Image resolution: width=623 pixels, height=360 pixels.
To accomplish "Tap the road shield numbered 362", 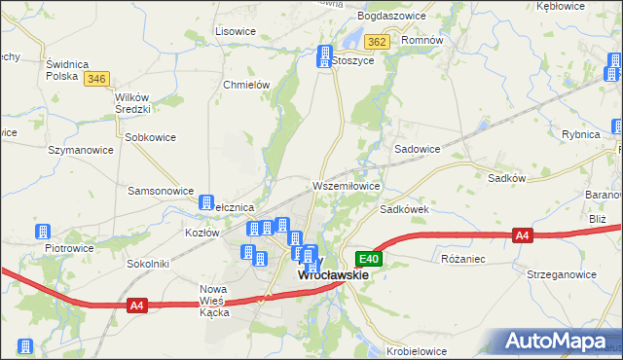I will point(378,42).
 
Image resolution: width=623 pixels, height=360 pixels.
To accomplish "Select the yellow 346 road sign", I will point(95,79).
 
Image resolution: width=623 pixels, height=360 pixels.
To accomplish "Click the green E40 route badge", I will point(368,259).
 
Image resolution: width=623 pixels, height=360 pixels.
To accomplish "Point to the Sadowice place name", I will point(417,149).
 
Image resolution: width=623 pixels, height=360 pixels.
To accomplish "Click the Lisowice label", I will point(235,31).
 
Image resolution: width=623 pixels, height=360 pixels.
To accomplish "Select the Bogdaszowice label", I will point(391,18).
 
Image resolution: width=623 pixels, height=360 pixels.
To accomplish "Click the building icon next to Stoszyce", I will point(323,58).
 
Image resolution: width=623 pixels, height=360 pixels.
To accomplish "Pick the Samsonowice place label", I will point(161,191).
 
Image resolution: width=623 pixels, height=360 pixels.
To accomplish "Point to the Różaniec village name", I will point(462,259).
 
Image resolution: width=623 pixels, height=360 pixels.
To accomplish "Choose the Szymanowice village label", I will point(81,150).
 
